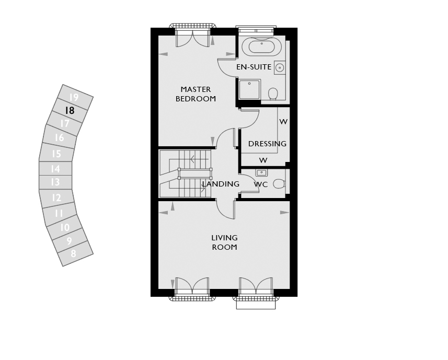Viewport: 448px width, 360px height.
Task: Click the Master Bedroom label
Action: point(196,94)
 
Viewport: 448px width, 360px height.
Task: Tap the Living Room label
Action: point(225,242)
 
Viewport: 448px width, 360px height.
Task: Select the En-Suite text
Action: point(254,67)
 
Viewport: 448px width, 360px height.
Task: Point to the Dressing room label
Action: point(267,144)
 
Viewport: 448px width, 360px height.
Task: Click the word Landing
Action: point(221,184)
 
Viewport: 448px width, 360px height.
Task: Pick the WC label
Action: point(261,184)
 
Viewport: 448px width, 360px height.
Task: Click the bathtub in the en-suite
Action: point(261,47)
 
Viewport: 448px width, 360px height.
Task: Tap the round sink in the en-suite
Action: point(280,67)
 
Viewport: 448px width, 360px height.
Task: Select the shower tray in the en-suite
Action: point(249,89)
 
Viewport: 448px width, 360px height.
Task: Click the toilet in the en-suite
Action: point(273,94)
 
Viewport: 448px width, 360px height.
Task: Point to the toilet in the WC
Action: point(279,183)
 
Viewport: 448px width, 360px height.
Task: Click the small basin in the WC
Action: point(261,173)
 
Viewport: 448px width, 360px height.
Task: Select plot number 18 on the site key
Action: point(70,110)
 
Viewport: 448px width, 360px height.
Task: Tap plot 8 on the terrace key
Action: point(73,253)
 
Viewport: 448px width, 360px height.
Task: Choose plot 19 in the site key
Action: point(74,97)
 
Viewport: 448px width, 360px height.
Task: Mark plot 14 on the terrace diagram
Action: point(55,169)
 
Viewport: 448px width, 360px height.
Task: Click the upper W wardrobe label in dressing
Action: point(283,122)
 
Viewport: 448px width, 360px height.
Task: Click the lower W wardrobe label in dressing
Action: point(263,160)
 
